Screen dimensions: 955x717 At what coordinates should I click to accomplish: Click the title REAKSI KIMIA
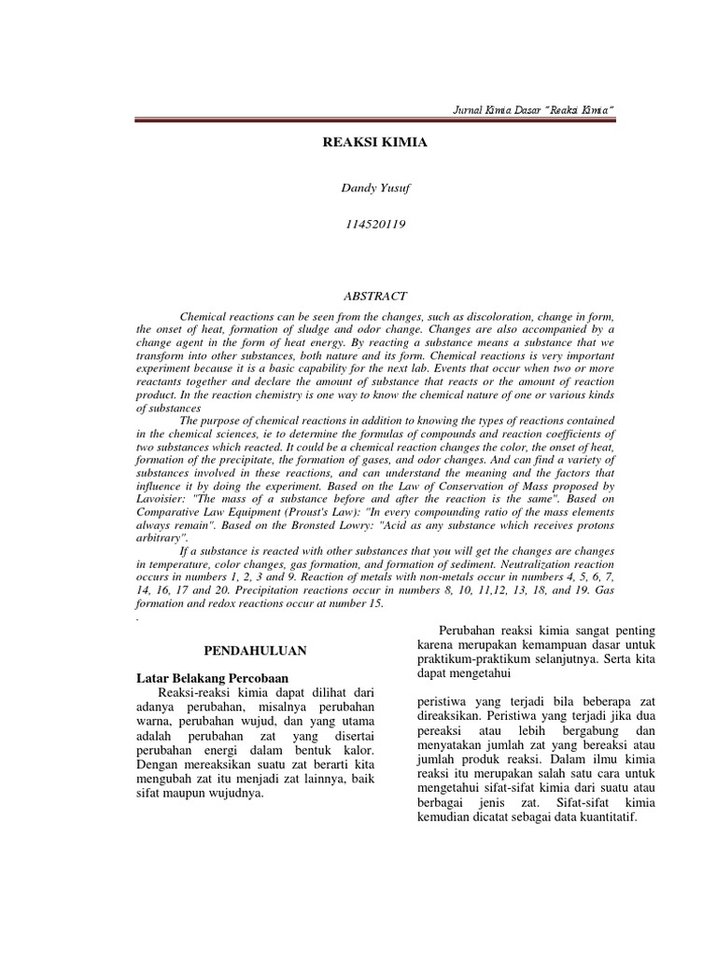(x=362, y=145)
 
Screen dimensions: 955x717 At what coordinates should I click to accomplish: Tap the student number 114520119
(x=361, y=225)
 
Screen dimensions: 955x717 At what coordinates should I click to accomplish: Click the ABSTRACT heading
(x=361, y=296)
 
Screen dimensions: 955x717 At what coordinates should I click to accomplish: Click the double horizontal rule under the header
(x=374, y=120)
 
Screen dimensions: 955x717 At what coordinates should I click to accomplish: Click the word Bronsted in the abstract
(x=344, y=525)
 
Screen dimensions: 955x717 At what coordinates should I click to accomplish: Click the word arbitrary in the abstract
(x=162, y=538)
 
